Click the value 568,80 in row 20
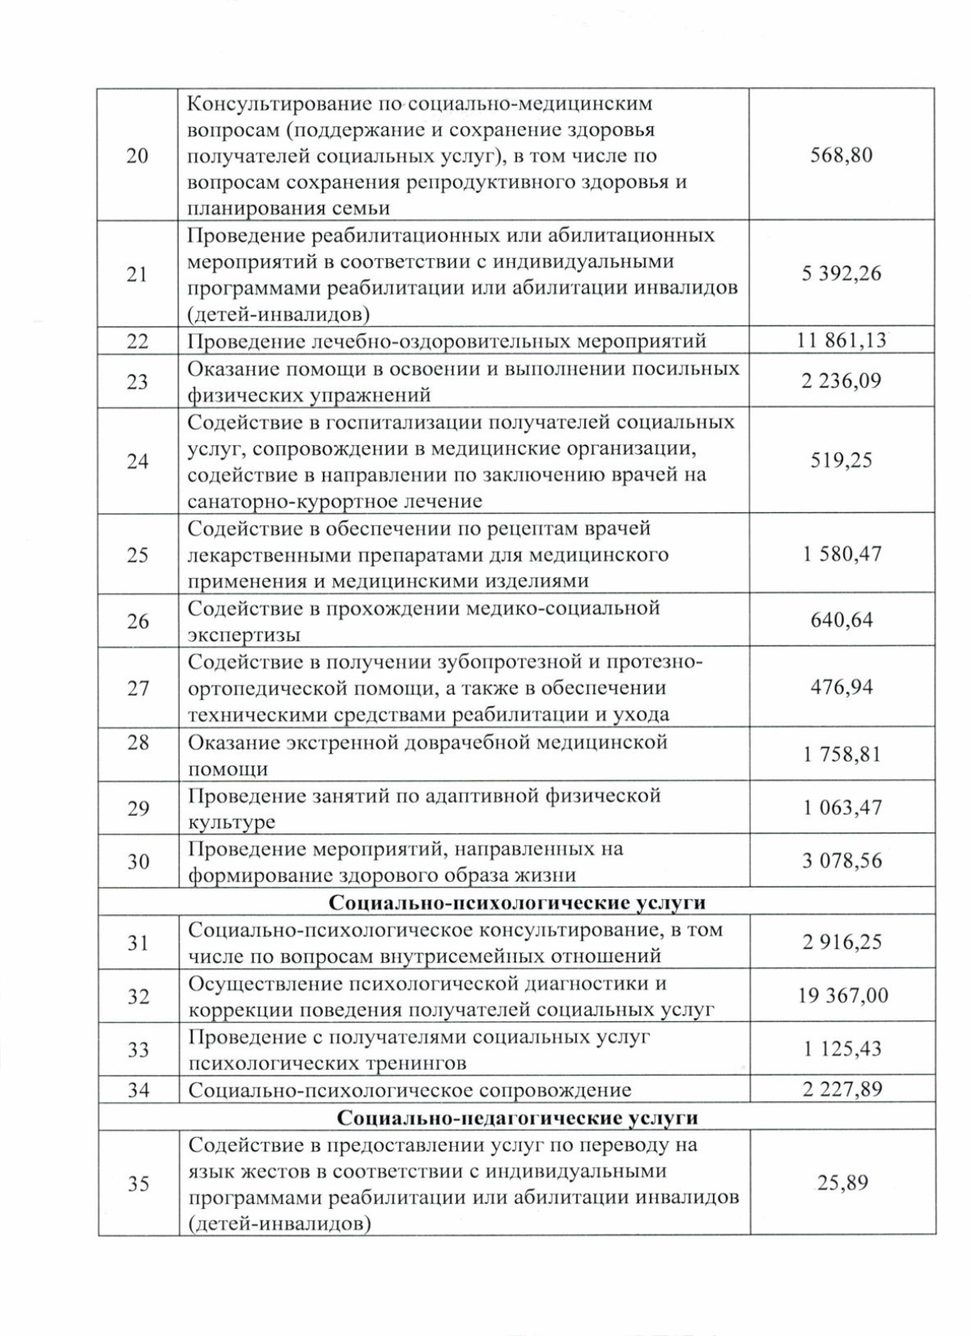(842, 155)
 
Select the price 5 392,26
(842, 274)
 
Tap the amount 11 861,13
(842, 341)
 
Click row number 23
(138, 381)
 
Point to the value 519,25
(842, 460)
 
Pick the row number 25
(138, 555)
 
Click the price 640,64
(842, 621)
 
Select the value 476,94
(842, 688)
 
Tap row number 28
(138, 742)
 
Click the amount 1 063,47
(842, 808)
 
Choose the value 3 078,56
(842, 861)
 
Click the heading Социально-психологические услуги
(517, 902)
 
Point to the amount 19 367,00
(842, 995)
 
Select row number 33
(138, 1050)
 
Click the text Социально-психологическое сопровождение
(409, 1090)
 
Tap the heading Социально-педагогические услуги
(517, 1118)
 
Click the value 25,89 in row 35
(842, 1183)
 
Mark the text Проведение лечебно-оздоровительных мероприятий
(447, 341)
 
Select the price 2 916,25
(842, 942)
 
